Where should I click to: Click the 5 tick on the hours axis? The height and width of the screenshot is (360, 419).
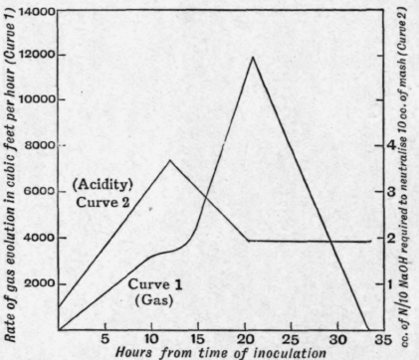coord(105,338)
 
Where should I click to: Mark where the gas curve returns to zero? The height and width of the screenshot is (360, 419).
coord(339,329)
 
